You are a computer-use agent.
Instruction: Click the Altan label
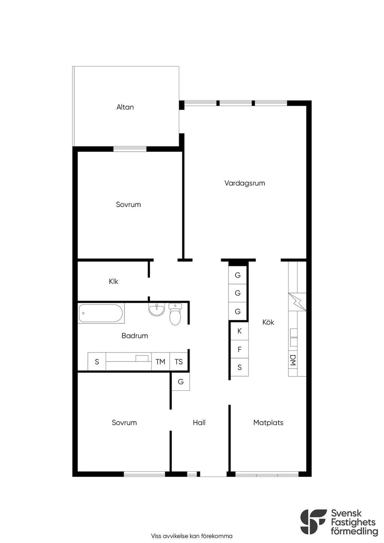[x=125, y=107]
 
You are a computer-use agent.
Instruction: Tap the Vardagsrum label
[x=244, y=183]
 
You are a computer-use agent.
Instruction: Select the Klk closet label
[x=114, y=281]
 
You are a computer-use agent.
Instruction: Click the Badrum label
[x=135, y=336]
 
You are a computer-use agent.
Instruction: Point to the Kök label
[x=268, y=322]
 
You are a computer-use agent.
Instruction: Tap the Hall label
[x=199, y=423]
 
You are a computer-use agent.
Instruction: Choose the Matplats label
[x=268, y=423]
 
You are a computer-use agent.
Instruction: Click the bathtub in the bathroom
[x=101, y=313]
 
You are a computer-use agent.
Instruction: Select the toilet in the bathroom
[x=175, y=314]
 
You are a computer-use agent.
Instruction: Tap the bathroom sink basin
[x=157, y=309]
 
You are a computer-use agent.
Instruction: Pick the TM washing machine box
[x=160, y=361]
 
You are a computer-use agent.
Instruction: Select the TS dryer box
[x=178, y=361]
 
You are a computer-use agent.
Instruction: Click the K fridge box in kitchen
[x=240, y=331]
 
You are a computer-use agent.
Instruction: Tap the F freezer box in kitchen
[x=240, y=349]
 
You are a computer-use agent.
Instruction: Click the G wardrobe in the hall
[x=181, y=381]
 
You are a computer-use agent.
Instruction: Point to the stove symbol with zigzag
[x=297, y=302]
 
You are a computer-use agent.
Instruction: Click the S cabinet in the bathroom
[x=97, y=361]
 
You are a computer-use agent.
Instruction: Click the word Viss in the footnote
[x=156, y=536]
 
